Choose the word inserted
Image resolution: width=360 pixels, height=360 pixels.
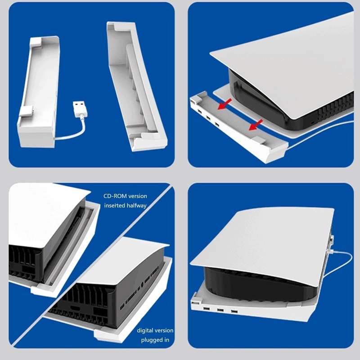[x=114, y=206]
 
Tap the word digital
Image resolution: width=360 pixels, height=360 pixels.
[x=146, y=331]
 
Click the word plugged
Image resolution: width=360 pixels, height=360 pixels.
[x=150, y=340]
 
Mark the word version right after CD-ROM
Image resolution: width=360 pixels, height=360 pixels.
[x=138, y=196]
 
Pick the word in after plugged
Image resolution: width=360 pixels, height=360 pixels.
[x=166, y=340]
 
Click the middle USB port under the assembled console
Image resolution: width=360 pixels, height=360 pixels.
[x=220, y=310]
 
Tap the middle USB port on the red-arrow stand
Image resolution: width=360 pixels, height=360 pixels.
[x=208, y=118]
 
